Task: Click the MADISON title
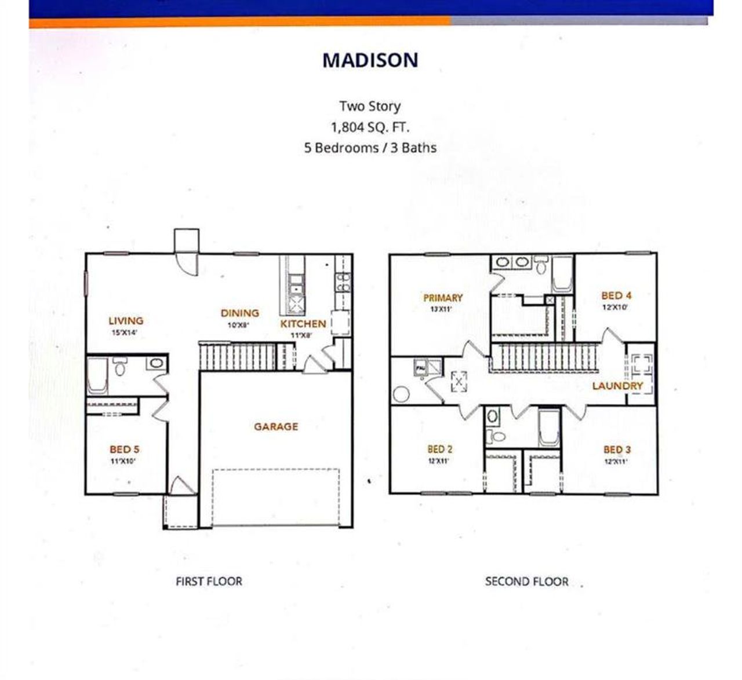point(370,60)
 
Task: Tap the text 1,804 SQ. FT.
point(370,127)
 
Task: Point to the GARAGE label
point(276,427)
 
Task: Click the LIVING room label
point(126,320)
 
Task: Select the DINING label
point(239,313)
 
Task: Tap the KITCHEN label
point(303,324)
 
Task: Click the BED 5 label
point(124,449)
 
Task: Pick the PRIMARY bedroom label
point(443,298)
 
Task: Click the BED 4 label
point(616,296)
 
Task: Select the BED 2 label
point(440,449)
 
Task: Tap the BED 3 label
point(617,450)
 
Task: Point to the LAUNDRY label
point(617,386)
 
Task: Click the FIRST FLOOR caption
point(209,582)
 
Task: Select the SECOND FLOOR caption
point(526,582)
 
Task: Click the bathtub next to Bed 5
point(97,375)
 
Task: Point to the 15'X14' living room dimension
point(124,333)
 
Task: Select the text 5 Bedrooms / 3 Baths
point(370,148)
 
